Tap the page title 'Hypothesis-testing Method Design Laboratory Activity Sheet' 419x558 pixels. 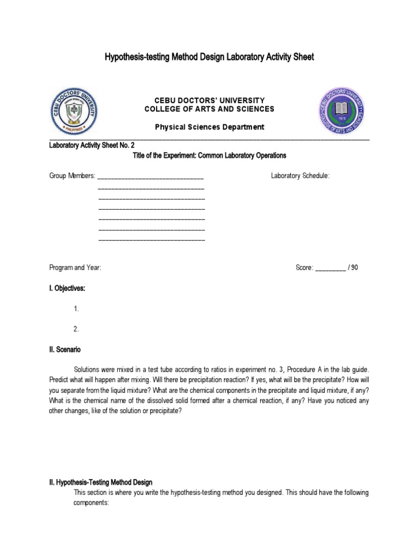(209, 57)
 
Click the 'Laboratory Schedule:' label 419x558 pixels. (300, 175)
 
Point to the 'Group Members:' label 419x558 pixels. (72, 175)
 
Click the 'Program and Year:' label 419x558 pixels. (75, 268)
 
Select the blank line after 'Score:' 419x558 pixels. (331, 268)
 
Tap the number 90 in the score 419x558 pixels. (355, 268)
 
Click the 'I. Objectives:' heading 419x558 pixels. (67, 288)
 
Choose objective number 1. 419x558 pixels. (76, 308)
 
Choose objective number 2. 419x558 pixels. (76, 329)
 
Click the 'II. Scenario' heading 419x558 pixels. (65, 349)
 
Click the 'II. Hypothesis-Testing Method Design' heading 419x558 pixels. (101, 482)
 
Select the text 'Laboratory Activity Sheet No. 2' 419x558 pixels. (92, 145)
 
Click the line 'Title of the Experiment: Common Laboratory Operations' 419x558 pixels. (209, 155)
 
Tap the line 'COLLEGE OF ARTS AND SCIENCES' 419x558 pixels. (209, 109)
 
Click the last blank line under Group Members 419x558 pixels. (152, 239)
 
